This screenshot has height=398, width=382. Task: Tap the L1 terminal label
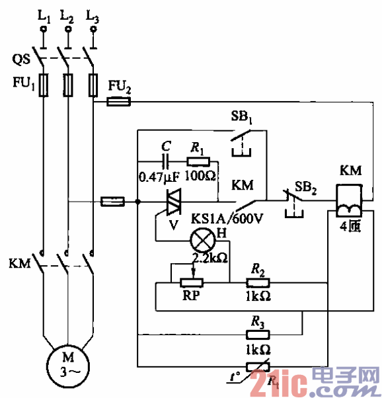tap(44, 15)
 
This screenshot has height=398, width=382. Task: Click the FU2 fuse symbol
tap(119, 102)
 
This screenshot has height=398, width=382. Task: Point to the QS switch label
tap(20, 59)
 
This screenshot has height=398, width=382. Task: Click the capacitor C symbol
tap(166, 161)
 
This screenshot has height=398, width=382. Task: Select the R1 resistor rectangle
tap(199, 161)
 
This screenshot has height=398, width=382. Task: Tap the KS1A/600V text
tap(227, 220)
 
